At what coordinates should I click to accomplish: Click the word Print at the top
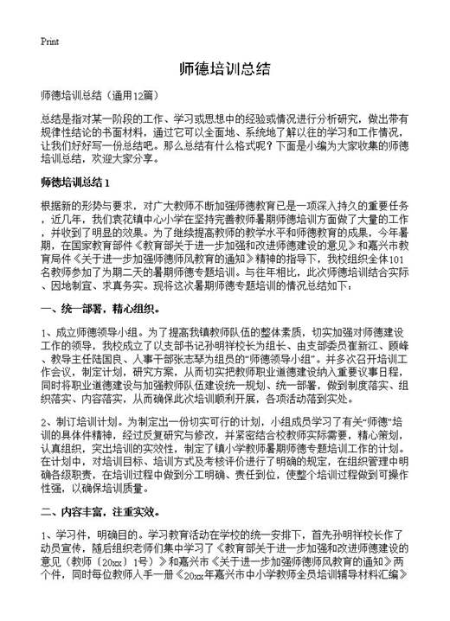coord(48,42)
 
